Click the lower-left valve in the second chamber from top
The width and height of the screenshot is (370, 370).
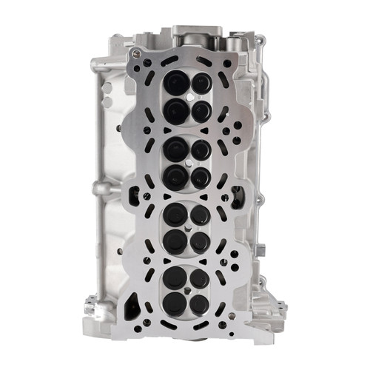pos(175,175)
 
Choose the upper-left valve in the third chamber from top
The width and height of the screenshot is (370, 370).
pos(175,215)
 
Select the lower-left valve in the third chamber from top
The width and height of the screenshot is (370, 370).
pos(175,240)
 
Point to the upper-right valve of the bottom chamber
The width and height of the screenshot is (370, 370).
pos(199,280)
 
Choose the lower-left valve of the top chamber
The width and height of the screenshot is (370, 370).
pos(175,111)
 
